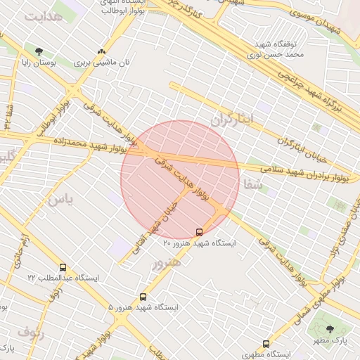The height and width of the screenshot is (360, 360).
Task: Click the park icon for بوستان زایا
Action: (x=38, y=51)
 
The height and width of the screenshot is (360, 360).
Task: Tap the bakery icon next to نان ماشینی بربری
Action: (x=102, y=51)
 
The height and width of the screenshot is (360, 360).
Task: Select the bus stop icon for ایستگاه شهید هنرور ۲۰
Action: (x=199, y=231)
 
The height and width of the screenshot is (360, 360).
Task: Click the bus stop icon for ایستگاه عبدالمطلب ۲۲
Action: (x=63, y=268)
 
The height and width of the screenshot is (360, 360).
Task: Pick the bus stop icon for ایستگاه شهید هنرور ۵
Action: (x=143, y=297)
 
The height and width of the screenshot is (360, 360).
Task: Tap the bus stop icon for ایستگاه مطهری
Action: (x=266, y=344)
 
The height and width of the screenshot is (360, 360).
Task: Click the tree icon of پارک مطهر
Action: (x=330, y=329)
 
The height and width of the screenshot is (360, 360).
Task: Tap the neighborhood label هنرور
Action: (x=166, y=262)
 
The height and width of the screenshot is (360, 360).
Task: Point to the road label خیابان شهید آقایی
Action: (x=162, y=211)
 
